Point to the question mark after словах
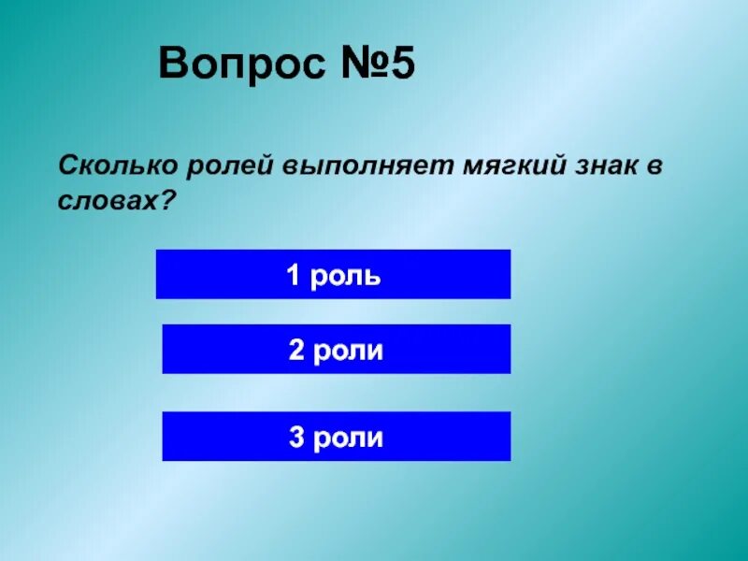click(169, 199)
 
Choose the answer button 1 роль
click(333, 274)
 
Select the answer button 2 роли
click(336, 350)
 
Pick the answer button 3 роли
click(336, 437)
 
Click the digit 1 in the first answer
click(293, 275)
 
